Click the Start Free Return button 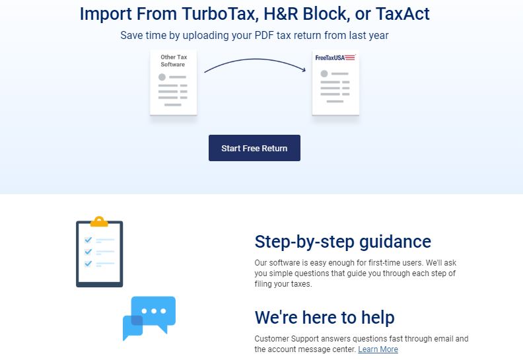254,148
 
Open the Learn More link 378,349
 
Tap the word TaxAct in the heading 403,14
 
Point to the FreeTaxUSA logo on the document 335,57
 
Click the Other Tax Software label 174,61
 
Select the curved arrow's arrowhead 303,69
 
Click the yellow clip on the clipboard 99,222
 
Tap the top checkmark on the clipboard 88,240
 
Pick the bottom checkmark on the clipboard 88,264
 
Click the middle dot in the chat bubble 154,311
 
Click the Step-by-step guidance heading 343,242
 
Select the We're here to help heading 324,317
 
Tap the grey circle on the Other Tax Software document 162,77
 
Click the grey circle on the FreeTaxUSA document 324,74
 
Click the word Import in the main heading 106,14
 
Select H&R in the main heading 281,14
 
